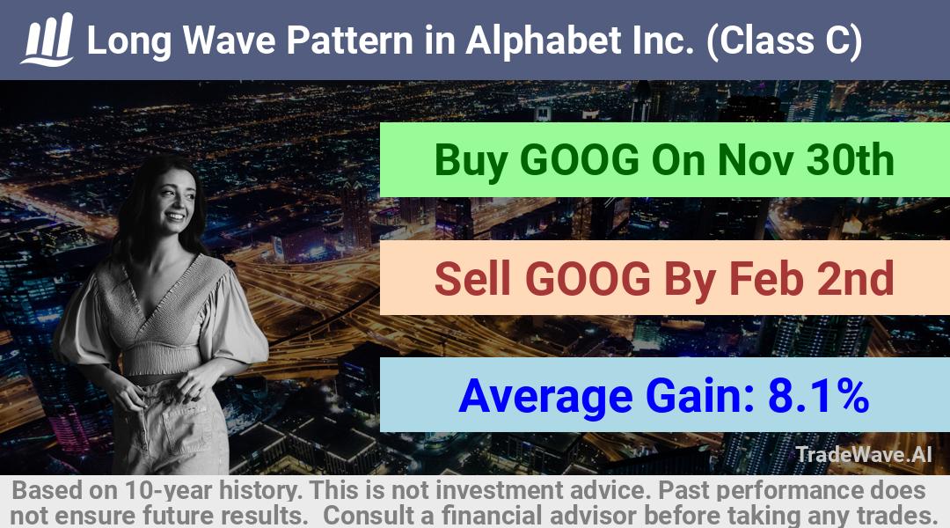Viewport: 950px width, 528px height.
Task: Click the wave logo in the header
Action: coord(47,40)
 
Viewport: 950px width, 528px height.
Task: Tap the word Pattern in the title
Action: coord(350,40)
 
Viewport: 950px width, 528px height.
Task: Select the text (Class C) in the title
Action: coord(784,41)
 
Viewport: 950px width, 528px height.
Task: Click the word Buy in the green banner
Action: coord(471,161)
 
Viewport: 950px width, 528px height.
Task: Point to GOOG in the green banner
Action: coord(580,160)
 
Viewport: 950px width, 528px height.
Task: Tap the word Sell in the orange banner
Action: coord(473,278)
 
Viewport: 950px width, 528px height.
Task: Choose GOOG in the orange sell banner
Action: coord(587,278)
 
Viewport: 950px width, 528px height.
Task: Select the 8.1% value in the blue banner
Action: coord(819,395)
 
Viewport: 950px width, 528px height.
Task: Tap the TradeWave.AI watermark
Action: coord(864,454)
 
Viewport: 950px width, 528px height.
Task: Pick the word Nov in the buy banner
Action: coord(755,160)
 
